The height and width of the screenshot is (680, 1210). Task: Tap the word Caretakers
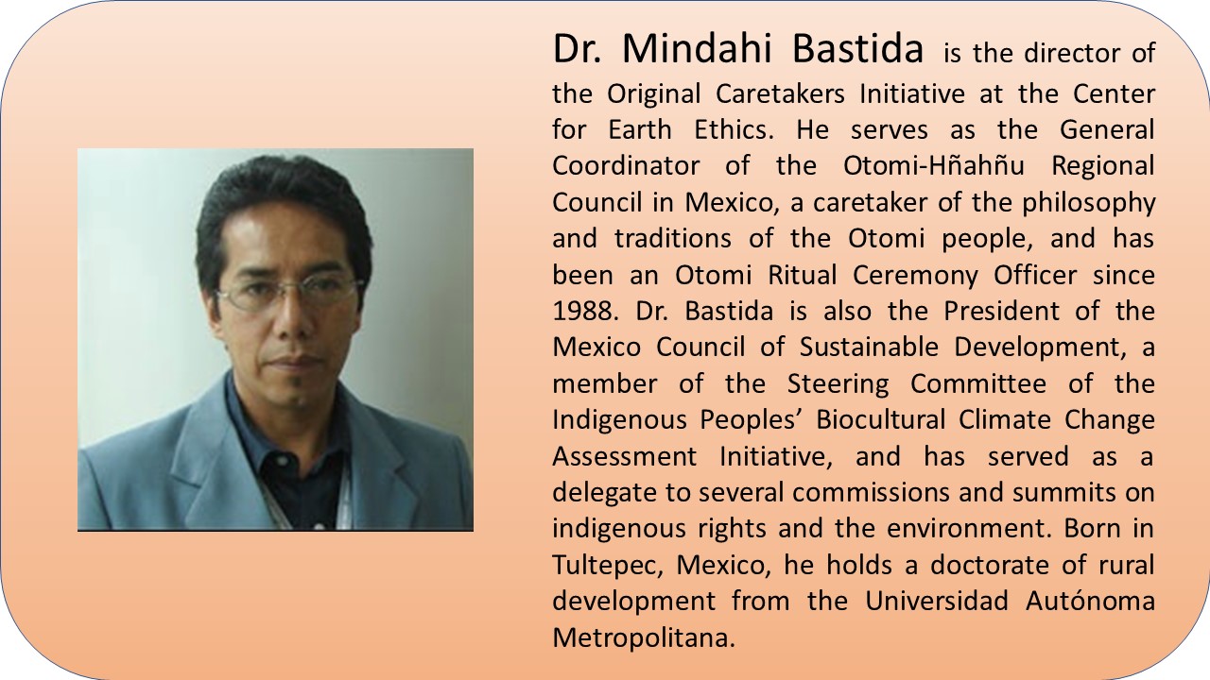780,93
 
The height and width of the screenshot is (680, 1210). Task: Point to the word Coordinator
626,165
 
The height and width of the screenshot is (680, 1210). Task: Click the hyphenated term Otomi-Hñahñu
933,165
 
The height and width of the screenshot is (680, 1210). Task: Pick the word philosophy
1088,203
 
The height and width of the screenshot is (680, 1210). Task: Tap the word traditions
672,239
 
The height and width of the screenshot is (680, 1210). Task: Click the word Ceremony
915,276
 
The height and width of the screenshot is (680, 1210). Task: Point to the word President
1001,311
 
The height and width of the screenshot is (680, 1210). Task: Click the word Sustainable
869,347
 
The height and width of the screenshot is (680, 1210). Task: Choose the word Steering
838,384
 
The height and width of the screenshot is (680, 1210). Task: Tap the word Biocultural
880,420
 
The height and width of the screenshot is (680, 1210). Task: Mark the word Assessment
625,456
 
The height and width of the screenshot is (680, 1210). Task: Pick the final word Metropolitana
644,638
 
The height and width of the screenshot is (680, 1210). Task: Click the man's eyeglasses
288,294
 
